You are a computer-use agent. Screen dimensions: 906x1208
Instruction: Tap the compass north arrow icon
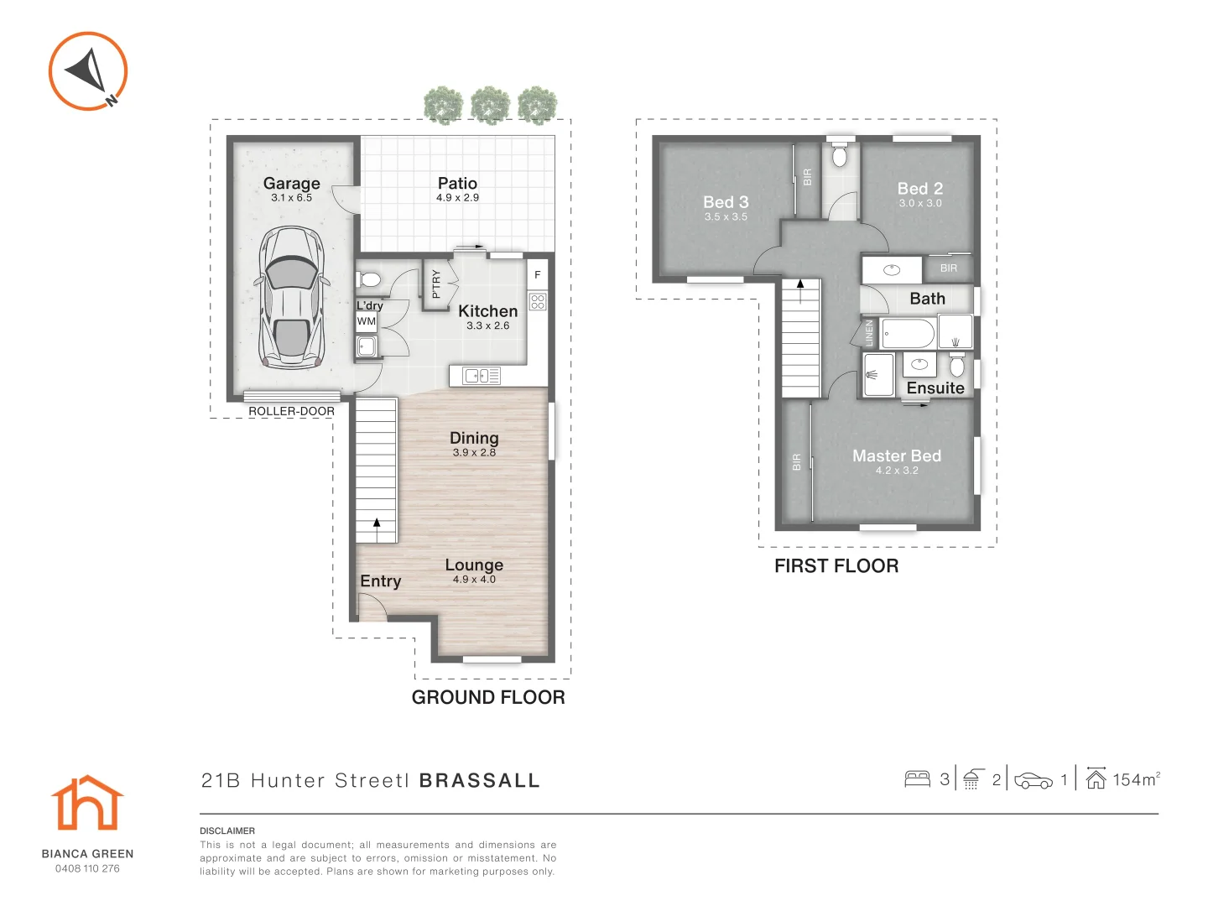pyautogui.click(x=88, y=70)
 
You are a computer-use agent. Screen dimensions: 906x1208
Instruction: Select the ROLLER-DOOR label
pyautogui.click(x=291, y=411)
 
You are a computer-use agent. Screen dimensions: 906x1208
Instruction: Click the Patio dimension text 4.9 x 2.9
pyautogui.click(x=457, y=198)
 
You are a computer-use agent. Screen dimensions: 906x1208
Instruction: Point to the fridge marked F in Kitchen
pyautogui.click(x=538, y=274)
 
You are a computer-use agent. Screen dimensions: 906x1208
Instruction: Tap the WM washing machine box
pyautogui.click(x=367, y=321)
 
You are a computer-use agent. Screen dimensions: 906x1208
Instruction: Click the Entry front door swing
pyautogui.click(x=371, y=607)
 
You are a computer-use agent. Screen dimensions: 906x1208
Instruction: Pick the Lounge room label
pyautogui.click(x=474, y=565)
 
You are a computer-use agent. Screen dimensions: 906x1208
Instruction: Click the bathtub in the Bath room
pyautogui.click(x=909, y=334)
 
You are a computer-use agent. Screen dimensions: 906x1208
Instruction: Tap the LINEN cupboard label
pyautogui.click(x=869, y=332)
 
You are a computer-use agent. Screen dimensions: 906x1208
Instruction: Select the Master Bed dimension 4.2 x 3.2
pyautogui.click(x=897, y=471)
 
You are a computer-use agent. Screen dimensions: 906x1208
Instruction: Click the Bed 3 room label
pyautogui.click(x=726, y=202)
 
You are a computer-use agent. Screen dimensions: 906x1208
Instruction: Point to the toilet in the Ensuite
pyautogui.click(x=957, y=366)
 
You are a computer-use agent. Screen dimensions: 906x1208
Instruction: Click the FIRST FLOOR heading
pyautogui.click(x=836, y=566)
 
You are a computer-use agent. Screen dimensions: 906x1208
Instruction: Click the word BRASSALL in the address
pyautogui.click(x=480, y=781)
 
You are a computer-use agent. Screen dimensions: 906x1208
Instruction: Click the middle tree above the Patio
pyautogui.click(x=491, y=106)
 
